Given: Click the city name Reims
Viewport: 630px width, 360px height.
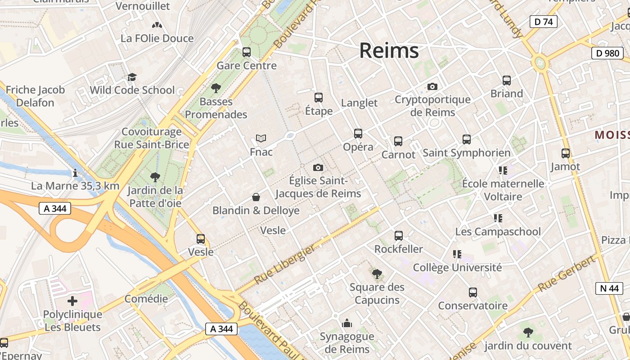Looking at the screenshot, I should pos(389,50).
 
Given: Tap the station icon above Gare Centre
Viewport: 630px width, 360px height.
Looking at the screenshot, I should pos(246,52).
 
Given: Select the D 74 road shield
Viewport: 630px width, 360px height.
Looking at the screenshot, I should pos(543,22).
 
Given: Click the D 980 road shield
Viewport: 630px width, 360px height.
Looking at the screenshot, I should pos(607,53).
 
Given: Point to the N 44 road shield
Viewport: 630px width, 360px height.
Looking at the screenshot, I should pos(609,288).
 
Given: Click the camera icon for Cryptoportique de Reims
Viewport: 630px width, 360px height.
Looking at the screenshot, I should pos(432,86).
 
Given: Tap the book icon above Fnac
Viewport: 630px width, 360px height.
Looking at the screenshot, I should pos(261,138).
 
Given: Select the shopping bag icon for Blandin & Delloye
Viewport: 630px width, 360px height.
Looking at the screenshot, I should pos(256,197).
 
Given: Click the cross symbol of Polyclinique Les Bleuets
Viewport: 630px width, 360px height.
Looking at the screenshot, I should pos(72,301).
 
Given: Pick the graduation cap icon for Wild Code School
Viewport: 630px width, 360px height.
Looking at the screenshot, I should pos(132,77).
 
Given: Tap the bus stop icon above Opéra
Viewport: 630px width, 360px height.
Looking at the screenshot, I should pos(358,134).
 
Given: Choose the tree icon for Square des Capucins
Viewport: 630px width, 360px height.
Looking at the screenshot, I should pos(377,274).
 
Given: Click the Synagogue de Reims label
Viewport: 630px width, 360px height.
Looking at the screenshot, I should pos(347,342).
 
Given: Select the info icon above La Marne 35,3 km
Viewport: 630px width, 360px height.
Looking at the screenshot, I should pos(75,172).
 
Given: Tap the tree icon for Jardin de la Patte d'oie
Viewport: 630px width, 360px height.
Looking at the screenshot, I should pos(155,177).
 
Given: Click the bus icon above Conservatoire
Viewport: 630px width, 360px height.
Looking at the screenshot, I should pos(472,292).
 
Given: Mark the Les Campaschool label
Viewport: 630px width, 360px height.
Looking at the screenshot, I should pos(498,232).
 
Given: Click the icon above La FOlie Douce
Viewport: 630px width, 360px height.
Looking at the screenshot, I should pos(157,26).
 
